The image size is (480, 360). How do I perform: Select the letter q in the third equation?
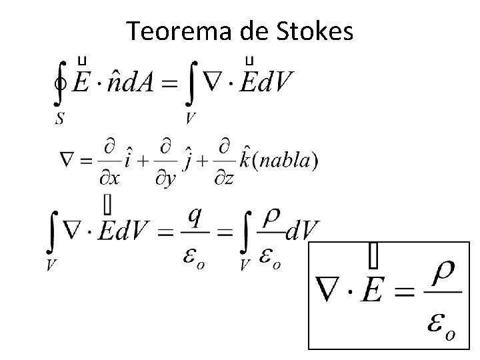[197, 215]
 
